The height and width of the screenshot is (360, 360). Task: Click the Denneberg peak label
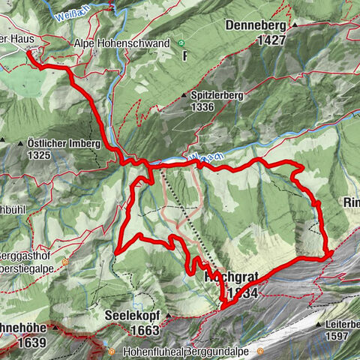(256, 25)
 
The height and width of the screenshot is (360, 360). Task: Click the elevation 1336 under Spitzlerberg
(202, 106)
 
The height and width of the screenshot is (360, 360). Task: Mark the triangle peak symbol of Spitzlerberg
(184, 95)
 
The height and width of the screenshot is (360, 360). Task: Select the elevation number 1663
(143, 329)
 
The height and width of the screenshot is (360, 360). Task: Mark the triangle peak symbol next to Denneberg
(295, 25)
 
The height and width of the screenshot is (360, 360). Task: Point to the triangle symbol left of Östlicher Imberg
(3, 142)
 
